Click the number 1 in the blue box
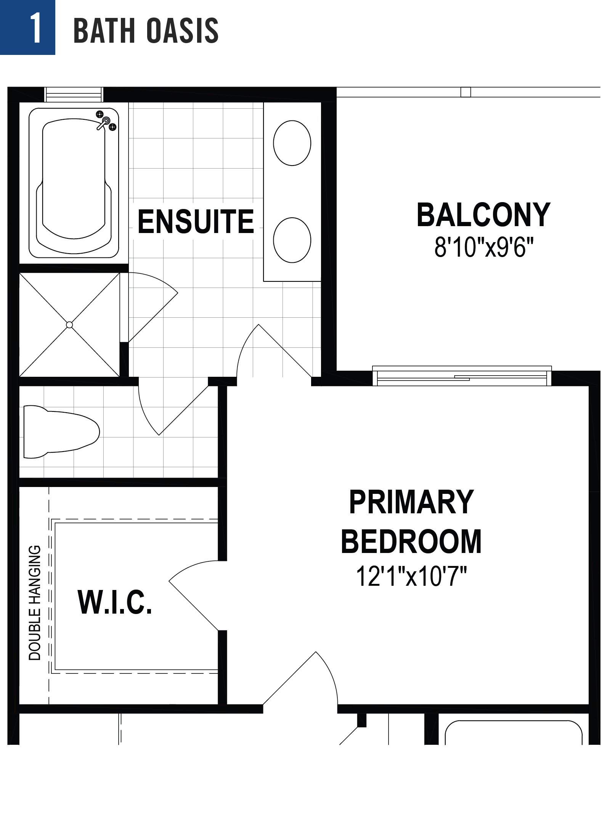(35, 27)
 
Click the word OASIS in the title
(182, 30)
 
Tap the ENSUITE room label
(196, 222)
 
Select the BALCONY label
(483, 215)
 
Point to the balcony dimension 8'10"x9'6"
(483, 248)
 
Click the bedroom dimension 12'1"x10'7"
(411, 576)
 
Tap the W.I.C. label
(115, 602)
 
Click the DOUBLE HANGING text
(35, 603)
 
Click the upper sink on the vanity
(292, 143)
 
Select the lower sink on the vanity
(292, 240)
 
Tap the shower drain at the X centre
(69, 325)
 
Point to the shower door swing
(152, 305)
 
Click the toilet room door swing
(168, 412)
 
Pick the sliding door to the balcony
(461, 376)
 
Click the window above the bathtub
(74, 95)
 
